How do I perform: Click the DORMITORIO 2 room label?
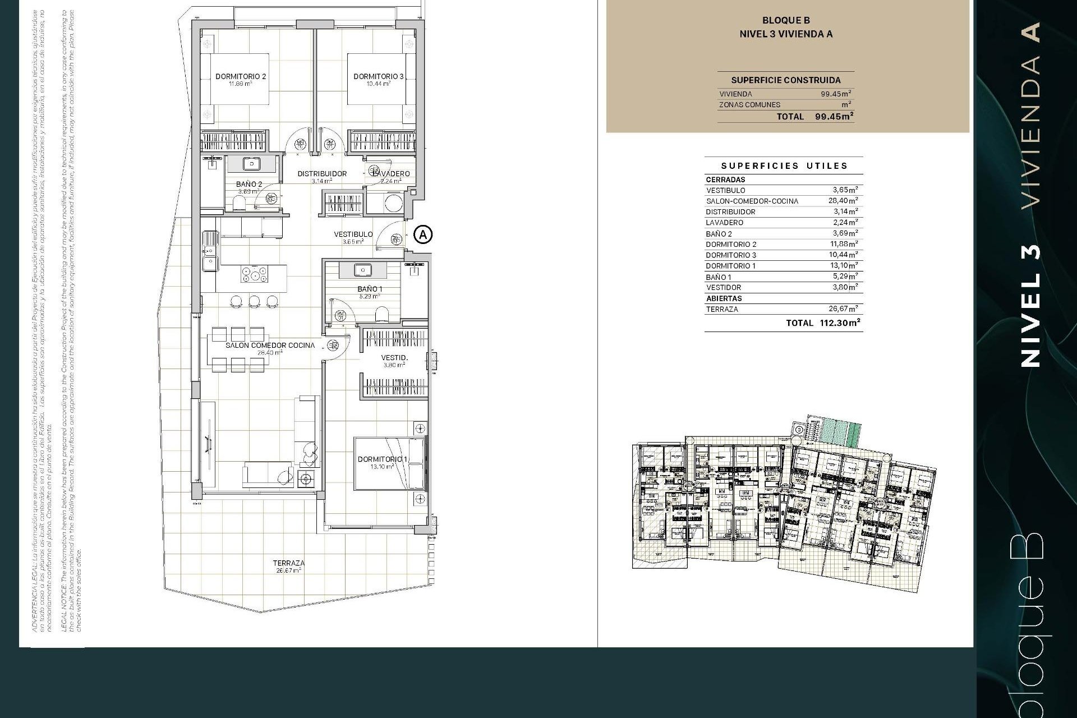[x=241, y=77]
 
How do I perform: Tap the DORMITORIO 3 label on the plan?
[x=378, y=77]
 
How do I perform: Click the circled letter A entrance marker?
[x=424, y=234]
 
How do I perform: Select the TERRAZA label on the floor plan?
[x=289, y=563]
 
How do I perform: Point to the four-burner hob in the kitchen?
[x=254, y=275]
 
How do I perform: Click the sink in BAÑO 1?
[x=363, y=270]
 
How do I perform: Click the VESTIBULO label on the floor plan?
[x=353, y=234]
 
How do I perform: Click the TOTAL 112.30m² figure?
[x=823, y=323]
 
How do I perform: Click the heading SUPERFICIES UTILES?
[x=784, y=166]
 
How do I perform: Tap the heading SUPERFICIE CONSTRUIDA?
[x=785, y=80]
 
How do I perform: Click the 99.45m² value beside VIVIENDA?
[x=836, y=94]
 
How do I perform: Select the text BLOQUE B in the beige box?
[x=785, y=21]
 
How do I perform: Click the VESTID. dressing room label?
[x=394, y=358]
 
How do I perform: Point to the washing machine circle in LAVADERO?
[x=394, y=204]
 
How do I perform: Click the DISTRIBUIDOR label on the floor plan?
[x=322, y=174]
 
